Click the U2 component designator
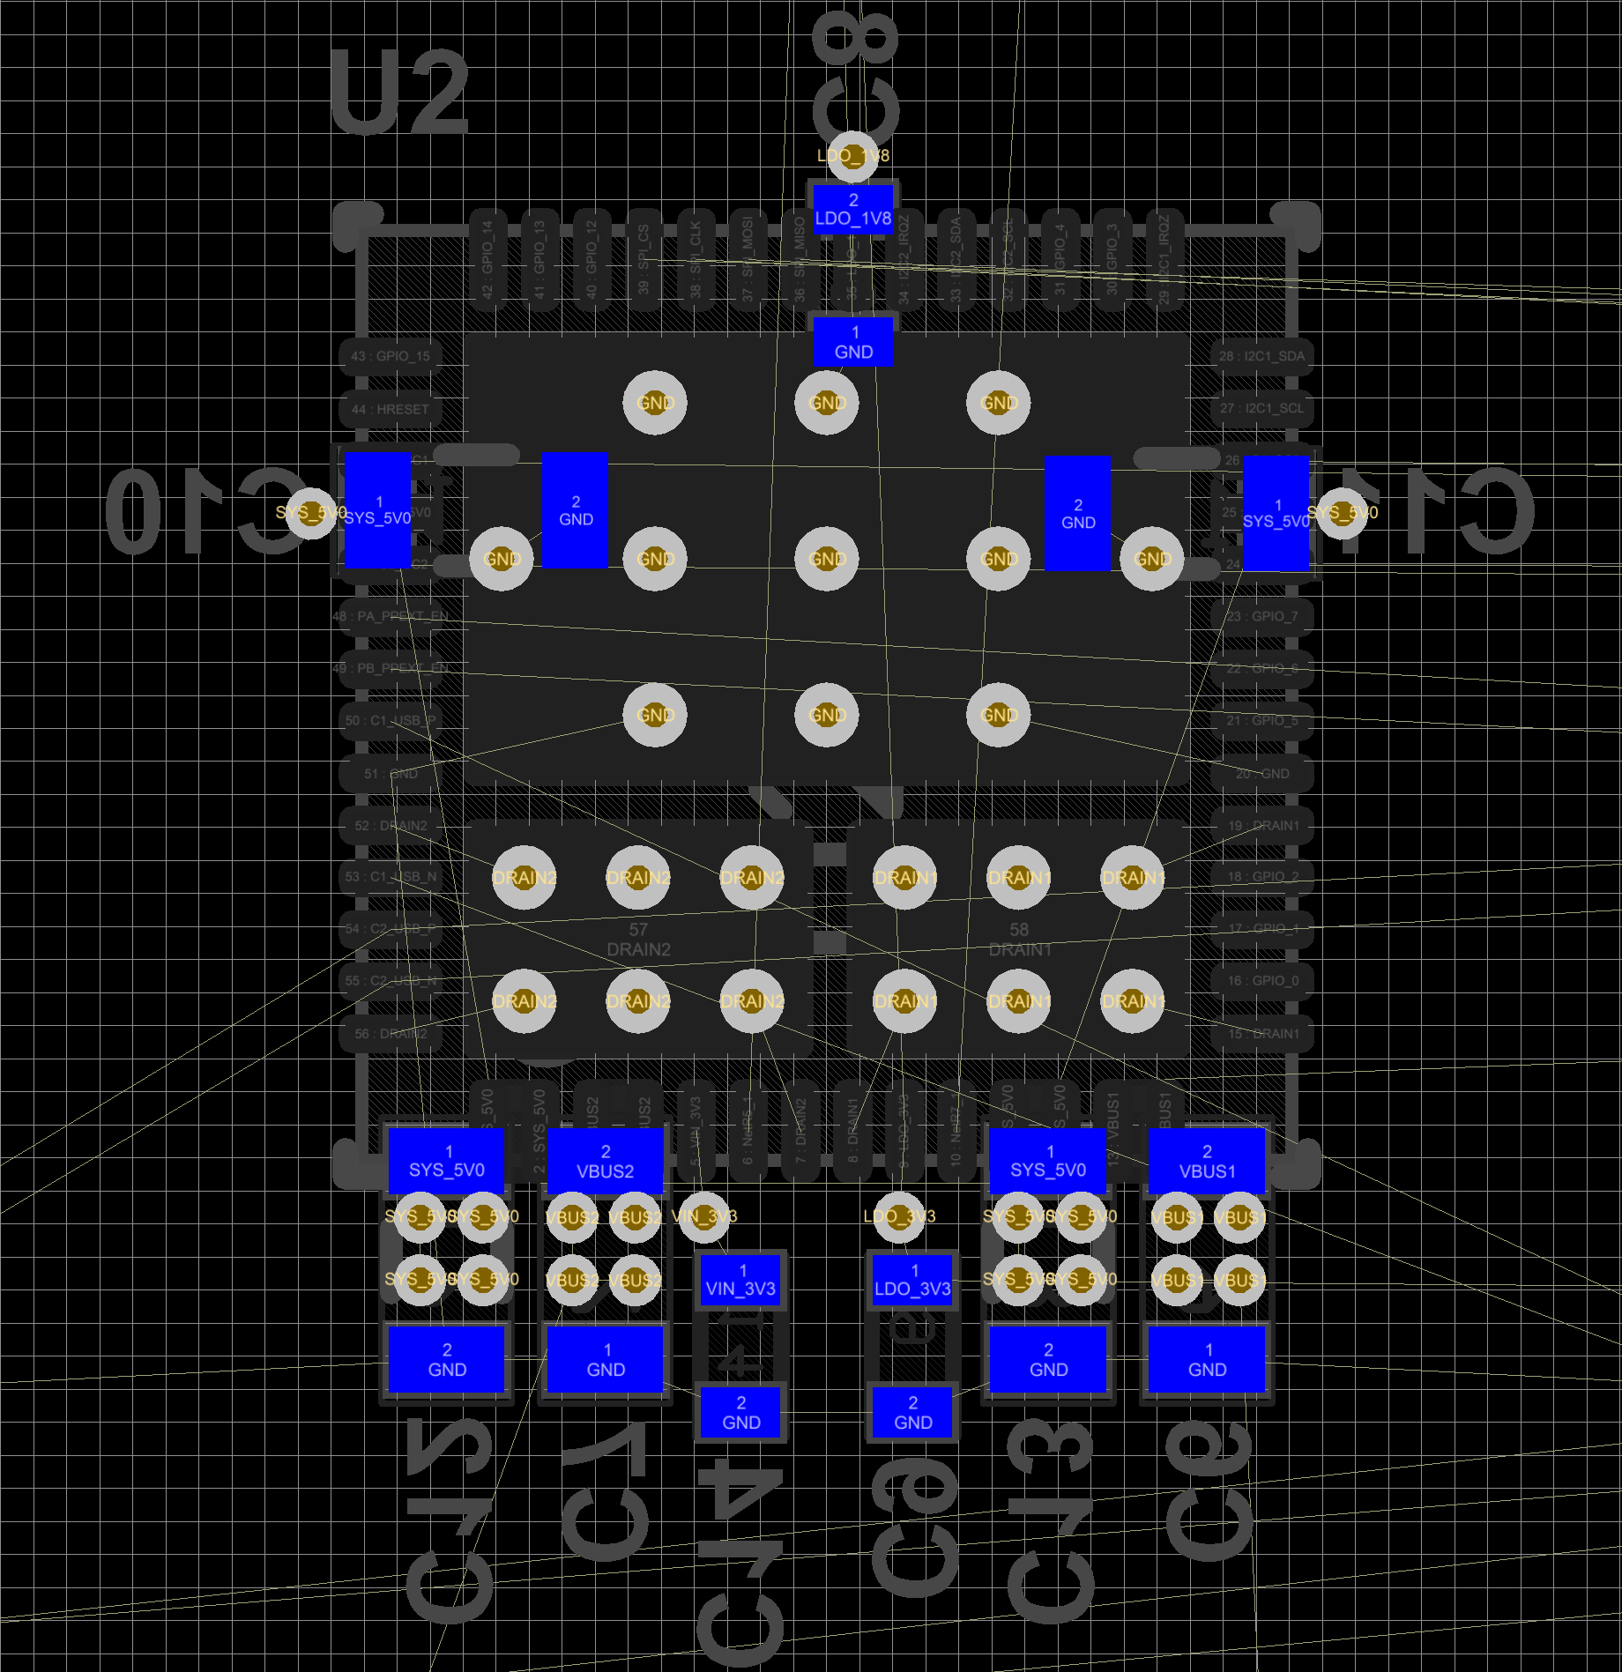399,93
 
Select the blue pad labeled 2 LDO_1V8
852,210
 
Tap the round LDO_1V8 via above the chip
852,156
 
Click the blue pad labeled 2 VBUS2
606,1162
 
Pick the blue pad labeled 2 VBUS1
1207,1162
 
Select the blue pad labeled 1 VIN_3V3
740,1280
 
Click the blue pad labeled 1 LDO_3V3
912,1280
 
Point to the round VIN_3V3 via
704,1216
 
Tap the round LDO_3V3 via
898,1216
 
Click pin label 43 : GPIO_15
391,356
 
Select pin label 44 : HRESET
391,409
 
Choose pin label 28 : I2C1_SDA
1261,356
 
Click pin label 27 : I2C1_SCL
1261,408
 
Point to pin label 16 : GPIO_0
1262,980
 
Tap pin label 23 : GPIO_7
1262,616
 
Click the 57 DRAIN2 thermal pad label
638,940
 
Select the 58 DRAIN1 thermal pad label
1019,940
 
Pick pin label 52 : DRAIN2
391,826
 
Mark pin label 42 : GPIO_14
487,260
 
